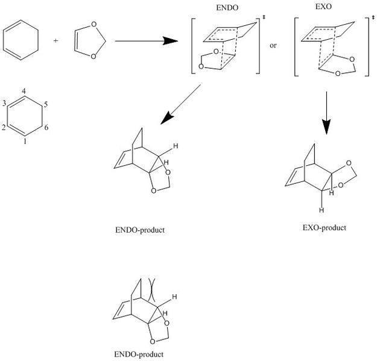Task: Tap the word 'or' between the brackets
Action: (x=273, y=45)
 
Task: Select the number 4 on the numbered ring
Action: (x=23, y=91)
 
